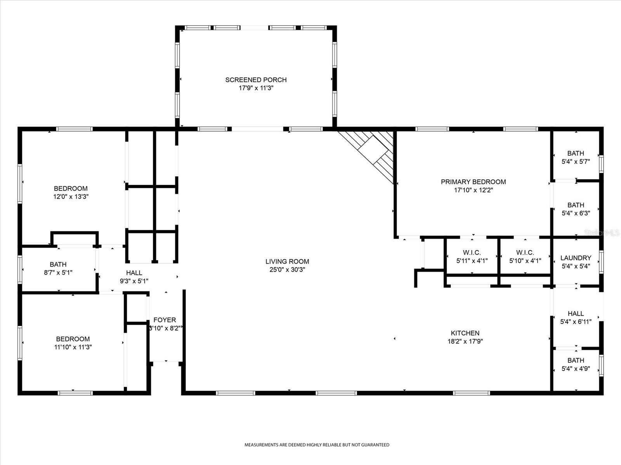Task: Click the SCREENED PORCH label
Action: (256, 80)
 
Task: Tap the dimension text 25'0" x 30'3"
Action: (287, 270)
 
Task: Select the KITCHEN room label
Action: (465, 333)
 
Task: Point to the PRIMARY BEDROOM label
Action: (473, 182)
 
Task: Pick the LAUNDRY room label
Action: (576, 258)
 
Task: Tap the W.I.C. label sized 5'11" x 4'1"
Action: (472, 253)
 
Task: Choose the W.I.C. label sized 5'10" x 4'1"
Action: (525, 253)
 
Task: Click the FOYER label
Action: (165, 320)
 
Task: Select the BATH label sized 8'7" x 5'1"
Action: (58, 264)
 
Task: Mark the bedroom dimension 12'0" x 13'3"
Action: (71, 196)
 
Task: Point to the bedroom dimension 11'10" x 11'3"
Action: (73, 347)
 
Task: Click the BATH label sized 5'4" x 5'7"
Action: (576, 153)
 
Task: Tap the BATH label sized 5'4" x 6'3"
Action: (576, 205)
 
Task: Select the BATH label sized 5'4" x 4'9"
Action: (576, 360)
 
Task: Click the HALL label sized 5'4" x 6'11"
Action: (576, 313)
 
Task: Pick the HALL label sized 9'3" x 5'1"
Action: (134, 273)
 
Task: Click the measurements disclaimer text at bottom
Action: (317, 445)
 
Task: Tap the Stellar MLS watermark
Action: (602, 232)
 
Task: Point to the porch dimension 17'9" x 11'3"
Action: (256, 88)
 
